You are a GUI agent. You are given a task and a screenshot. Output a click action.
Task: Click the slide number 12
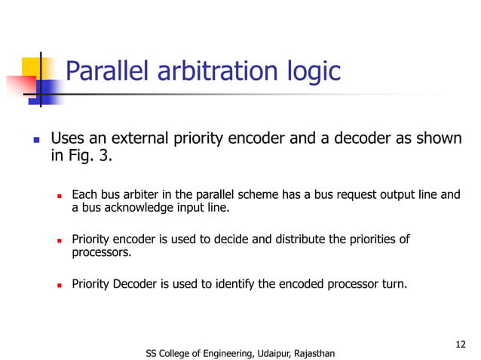click(461, 343)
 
